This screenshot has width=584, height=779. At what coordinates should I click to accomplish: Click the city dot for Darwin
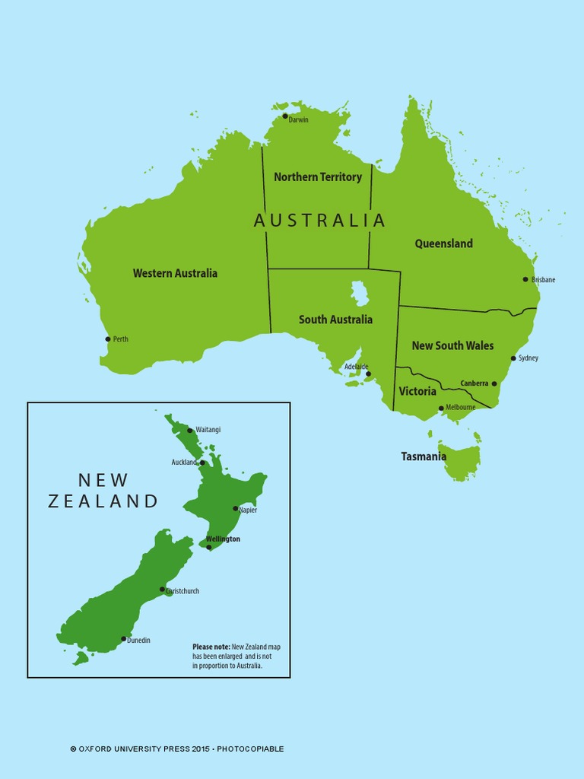[285, 116]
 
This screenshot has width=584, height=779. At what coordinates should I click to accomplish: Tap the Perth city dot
[108, 339]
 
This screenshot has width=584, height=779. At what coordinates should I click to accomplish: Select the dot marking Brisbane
[525, 279]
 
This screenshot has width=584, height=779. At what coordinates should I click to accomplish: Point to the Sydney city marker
[513, 358]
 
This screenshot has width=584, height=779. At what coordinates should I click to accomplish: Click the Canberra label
[474, 383]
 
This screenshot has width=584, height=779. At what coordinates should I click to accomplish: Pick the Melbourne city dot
[441, 408]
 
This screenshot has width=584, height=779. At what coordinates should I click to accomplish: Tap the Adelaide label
[356, 367]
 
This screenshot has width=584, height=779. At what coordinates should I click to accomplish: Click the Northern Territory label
[318, 177]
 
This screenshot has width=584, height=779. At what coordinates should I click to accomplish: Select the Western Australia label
[175, 273]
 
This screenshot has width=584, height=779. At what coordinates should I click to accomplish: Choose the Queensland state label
[443, 243]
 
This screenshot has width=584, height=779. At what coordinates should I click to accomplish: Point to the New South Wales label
[452, 345]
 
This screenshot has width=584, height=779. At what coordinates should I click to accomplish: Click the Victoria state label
[417, 391]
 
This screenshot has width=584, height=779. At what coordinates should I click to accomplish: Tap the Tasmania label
[424, 456]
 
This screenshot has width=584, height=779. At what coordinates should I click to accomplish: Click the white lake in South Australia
[359, 292]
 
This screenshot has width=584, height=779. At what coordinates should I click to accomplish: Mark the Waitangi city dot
[190, 431]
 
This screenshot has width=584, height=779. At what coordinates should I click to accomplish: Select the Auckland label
[184, 463]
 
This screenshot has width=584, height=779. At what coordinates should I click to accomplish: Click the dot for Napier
[236, 508]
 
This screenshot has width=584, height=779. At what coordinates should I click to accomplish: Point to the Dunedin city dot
[124, 639]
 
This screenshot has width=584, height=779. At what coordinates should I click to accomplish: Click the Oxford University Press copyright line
[177, 749]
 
